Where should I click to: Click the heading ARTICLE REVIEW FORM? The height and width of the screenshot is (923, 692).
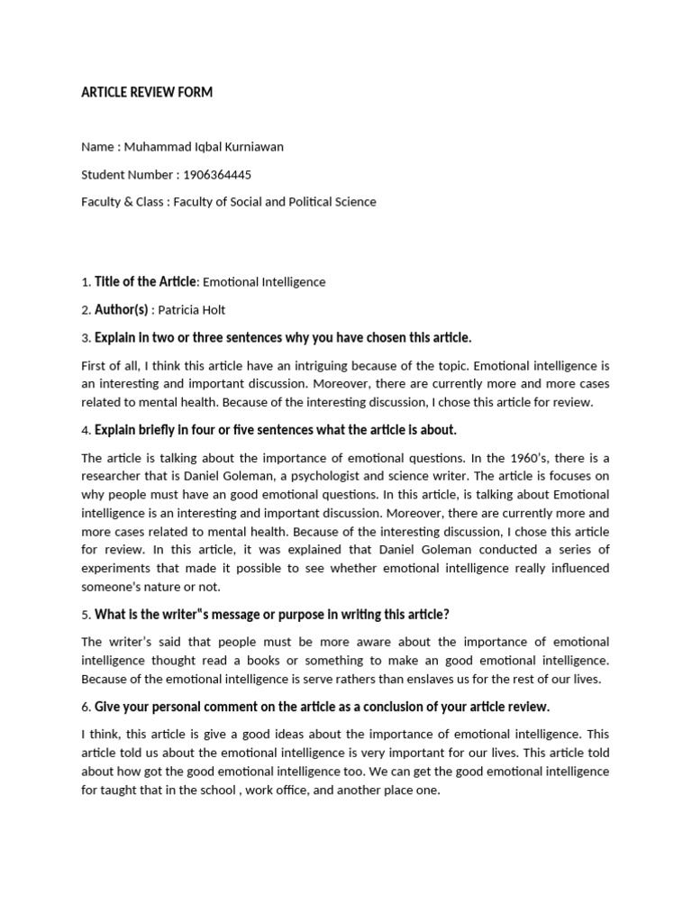click(x=147, y=93)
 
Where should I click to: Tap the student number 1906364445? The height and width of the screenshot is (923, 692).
click(x=217, y=174)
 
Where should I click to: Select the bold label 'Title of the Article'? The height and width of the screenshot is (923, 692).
click(x=145, y=282)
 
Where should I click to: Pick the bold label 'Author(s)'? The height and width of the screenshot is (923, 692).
click(x=122, y=310)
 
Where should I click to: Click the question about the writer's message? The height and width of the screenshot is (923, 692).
click(x=271, y=614)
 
